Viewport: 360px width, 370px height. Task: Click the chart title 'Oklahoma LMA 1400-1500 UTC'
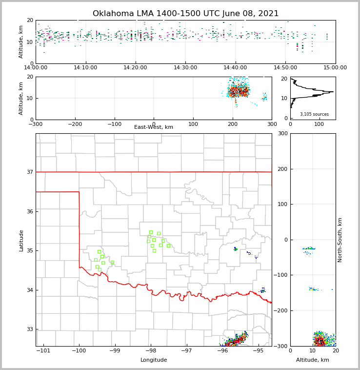[x=185, y=14]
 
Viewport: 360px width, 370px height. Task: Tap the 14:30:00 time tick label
[x=186, y=68]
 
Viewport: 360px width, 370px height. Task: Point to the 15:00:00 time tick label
[x=335, y=68]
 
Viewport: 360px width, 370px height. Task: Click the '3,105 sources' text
[x=314, y=114]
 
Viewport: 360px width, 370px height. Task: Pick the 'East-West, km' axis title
[x=154, y=127]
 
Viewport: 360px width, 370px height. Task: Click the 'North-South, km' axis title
[x=340, y=240]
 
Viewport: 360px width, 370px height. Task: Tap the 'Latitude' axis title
[x=21, y=240]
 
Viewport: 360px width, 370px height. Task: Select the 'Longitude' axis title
[x=154, y=360]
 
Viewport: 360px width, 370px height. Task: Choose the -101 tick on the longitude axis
[x=43, y=350]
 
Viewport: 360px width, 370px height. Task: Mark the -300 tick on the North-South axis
[x=281, y=346]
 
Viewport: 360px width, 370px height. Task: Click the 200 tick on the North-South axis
[x=282, y=169]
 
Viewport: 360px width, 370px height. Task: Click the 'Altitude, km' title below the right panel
[x=313, y=360]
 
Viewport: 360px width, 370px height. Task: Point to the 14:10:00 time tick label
[x=86, y=68]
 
